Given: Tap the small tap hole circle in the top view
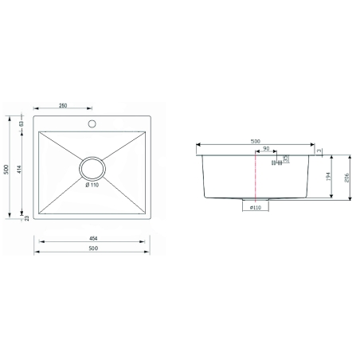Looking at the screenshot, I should pyautogui.click(x=92, y=123).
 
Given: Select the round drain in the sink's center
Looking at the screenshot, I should pyautogui.click(x=92, y=169).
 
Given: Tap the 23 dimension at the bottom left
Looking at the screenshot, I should pyautogui.click(x=26, y=218).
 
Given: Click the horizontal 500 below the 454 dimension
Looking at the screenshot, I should pyautogui.click(x=92, y=249).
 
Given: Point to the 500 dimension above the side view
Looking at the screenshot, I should pyautogui.click(x=255, y=142).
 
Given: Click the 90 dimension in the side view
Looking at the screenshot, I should pyautogui.click(x=265, y=149).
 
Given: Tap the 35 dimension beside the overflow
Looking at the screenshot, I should pyautogui.click(x=286, y=158).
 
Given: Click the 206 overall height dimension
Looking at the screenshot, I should pyautogui.click(x=347, y=179).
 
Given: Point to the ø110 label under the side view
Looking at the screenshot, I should pyautogui.click(x=256, y=208).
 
